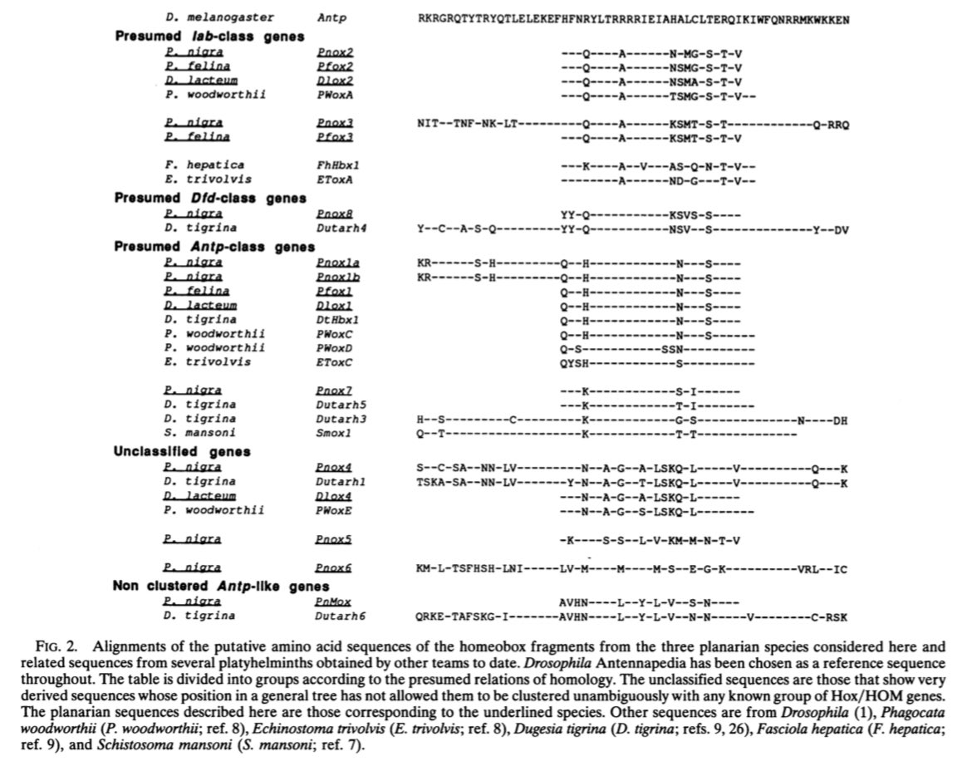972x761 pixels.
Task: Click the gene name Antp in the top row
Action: click(x=329, y=17)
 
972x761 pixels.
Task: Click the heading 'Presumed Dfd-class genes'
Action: click(x=210, y=198)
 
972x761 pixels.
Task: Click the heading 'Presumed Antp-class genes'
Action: click(x=214, y=247)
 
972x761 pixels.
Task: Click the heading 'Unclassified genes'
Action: click(x=182, y=452)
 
